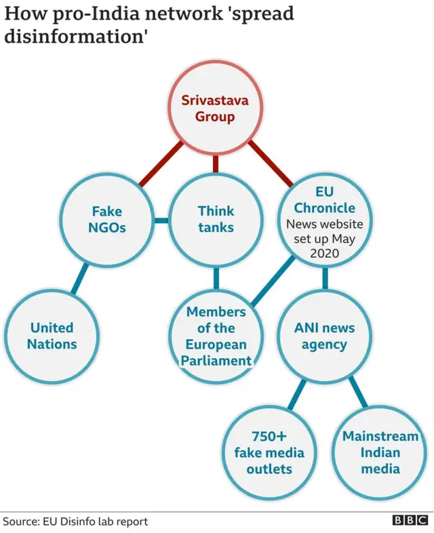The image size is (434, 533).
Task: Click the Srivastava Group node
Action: click(216, 108)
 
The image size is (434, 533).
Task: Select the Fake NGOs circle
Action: click(106, 220)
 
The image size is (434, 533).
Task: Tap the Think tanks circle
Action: click(216, 220)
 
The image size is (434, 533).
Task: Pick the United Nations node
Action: click(52, 336)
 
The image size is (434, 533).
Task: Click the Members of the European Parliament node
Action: click(216, 336)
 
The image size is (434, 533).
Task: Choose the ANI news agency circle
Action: click(324, 336)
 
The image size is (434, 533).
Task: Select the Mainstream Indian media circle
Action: click(380, 452)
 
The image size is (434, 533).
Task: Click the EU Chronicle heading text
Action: click(324, 200)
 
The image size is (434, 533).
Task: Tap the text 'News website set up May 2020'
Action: click(324, 238)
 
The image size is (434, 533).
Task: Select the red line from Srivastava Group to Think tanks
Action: click(216, 163)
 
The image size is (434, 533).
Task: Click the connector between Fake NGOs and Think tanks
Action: click(161, 220)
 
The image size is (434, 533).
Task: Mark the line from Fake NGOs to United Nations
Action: click(80, 277)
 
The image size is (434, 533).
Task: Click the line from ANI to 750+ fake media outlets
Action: click(297, 393)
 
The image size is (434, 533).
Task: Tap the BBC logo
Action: click(410, 521)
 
